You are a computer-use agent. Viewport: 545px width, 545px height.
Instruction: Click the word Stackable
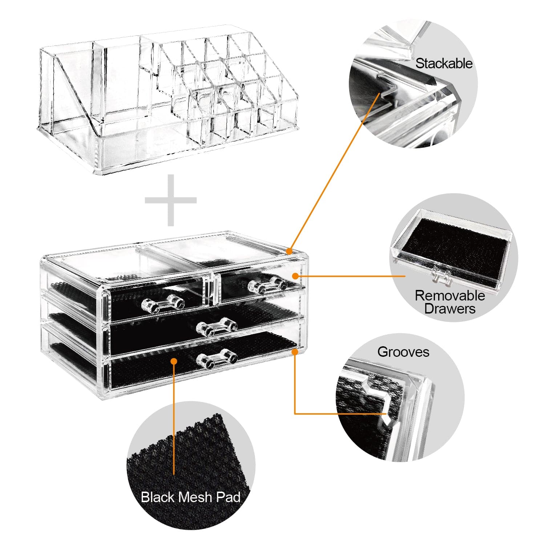pyautogui.click(x=444, y=64)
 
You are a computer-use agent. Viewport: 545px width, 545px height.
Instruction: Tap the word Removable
pyautogui.click(x=449, y=295)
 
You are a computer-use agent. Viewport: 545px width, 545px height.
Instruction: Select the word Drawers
pyautogui.click(x=449, y=309)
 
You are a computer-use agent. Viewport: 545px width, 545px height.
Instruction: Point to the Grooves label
pyautogui.click(x=403, y=352)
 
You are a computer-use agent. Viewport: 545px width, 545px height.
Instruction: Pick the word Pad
pyautogui.click(x=228, y=497)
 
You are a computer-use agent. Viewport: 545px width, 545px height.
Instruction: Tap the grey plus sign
pyautogui.click(x=171, y=200)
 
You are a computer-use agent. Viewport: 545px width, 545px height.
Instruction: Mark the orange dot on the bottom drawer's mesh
pyautogui.click(x=174, y=361)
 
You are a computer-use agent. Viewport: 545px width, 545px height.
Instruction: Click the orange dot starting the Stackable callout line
pyautogui.click(x=290, y=251)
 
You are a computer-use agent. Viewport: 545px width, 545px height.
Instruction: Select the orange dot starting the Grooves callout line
pyautogui.click(x=295, y=351)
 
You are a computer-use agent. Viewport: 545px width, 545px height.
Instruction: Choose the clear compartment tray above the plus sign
pyautogui.click(x=167, y=102)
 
